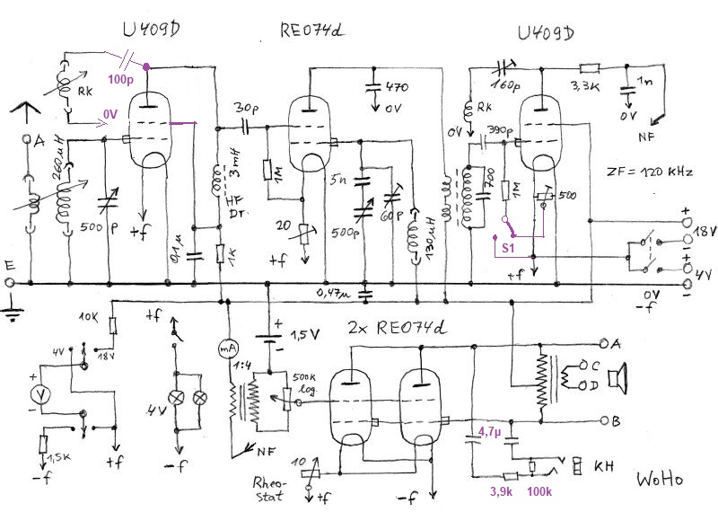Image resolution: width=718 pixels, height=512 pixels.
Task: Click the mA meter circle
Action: point(227,348)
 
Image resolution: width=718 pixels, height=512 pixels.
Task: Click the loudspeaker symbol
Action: point(615,382)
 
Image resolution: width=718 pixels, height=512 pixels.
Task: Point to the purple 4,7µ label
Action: point(490,432)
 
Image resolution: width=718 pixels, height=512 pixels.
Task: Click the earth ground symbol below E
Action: point(11,313)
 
